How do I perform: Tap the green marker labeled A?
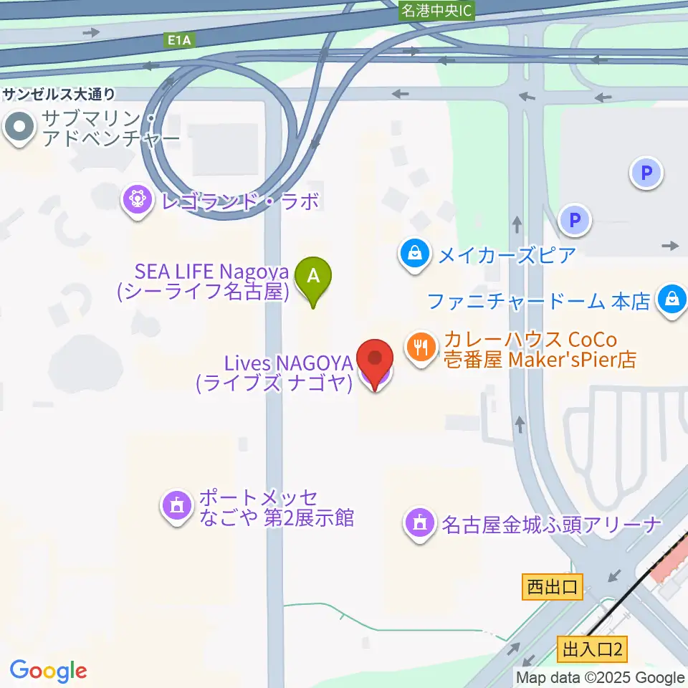(313, 276)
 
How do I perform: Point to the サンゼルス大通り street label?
(58, 94)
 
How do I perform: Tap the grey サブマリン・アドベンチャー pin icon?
(19, 128)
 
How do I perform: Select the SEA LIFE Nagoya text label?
(212, 281)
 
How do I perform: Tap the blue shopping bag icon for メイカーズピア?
(414, 252)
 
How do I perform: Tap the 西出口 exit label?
(552, 587)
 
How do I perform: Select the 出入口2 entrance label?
(591, 650)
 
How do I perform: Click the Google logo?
(48, 671)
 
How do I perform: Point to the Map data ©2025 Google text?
(601, 677)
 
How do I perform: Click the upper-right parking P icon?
(646, 173)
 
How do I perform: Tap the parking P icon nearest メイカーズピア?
(575, 221)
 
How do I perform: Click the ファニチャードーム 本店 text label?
(539, 300)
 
